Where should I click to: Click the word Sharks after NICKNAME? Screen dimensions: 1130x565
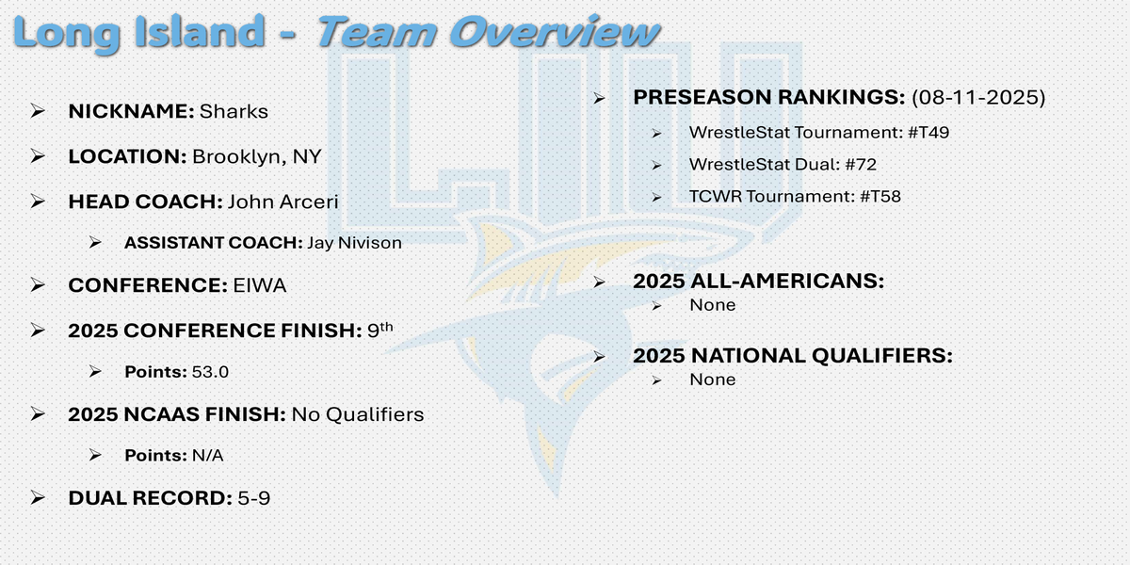pyautogui.click(x=234, y=111)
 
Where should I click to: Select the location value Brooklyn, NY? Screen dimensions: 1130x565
pyautogui.click(x=257, y=157)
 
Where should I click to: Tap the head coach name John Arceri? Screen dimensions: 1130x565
pyautogui.click(x=283, y=202)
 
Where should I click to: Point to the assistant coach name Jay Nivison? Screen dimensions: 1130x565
pyautogui.click(x=355, y=243)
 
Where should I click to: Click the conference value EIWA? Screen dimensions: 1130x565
pyautogui.click(x=260, y=285)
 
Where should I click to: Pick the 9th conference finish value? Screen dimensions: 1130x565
pyautogui.click(x=379, y=330)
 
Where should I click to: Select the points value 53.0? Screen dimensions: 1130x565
pyautogui.click(x=210, y=372)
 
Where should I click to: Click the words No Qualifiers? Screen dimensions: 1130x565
pyautogui.click(x=358, y=414)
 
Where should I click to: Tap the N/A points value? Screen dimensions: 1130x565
pyautogui.click(x=208, y=456)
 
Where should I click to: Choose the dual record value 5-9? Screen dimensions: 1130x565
pyautogui.click(x=253, y=498)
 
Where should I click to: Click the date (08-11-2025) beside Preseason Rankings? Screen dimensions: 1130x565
pyautogui.click(x=978, y=97)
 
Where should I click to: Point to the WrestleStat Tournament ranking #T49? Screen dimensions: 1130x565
pyautogui.click(x=928, y=133)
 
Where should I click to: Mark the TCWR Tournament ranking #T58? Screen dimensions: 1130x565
pyautogui.click(x=880, y=196)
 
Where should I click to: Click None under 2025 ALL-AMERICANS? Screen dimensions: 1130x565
pyautogui.click(x=712, y=305)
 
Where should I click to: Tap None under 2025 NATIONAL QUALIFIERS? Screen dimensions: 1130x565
pyautogui.click(x=712, y=379)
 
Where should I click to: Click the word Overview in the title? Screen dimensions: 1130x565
pyautogui.click(x=555, y=32)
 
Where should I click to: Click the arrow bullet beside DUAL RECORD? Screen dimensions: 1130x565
pyautogui.click(x=38, y=498)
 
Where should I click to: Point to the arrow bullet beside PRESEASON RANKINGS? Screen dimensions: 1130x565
pyautogui.click(x=599, y=97)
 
